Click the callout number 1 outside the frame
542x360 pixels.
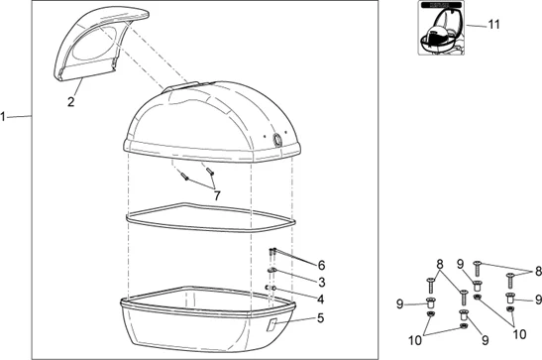click(3, 117)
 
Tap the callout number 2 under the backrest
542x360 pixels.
click(71, 102)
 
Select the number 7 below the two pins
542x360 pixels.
click(217, 195)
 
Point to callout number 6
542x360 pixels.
click(321, 265)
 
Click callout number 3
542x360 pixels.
click(322, 282)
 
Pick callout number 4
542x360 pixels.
click(321, 300)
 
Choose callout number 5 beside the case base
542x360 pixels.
click(321, 317)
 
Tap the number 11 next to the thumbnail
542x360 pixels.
click(494, 25)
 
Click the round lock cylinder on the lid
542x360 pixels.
click(277, 140)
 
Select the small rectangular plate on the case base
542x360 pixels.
click(271, 324)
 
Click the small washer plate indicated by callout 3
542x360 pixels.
click(271, 270)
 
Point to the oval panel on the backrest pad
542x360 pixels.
click(94, 45)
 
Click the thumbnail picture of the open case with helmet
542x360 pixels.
click(441, 28)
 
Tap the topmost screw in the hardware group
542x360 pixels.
click(477, 269)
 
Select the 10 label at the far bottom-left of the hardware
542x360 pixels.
click(415, 340)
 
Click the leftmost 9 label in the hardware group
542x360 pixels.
click(400, 304)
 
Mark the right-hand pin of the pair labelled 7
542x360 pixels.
click(210, 171)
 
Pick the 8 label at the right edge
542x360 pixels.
click(538, 271)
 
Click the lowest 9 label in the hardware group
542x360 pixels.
click(486, 340)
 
